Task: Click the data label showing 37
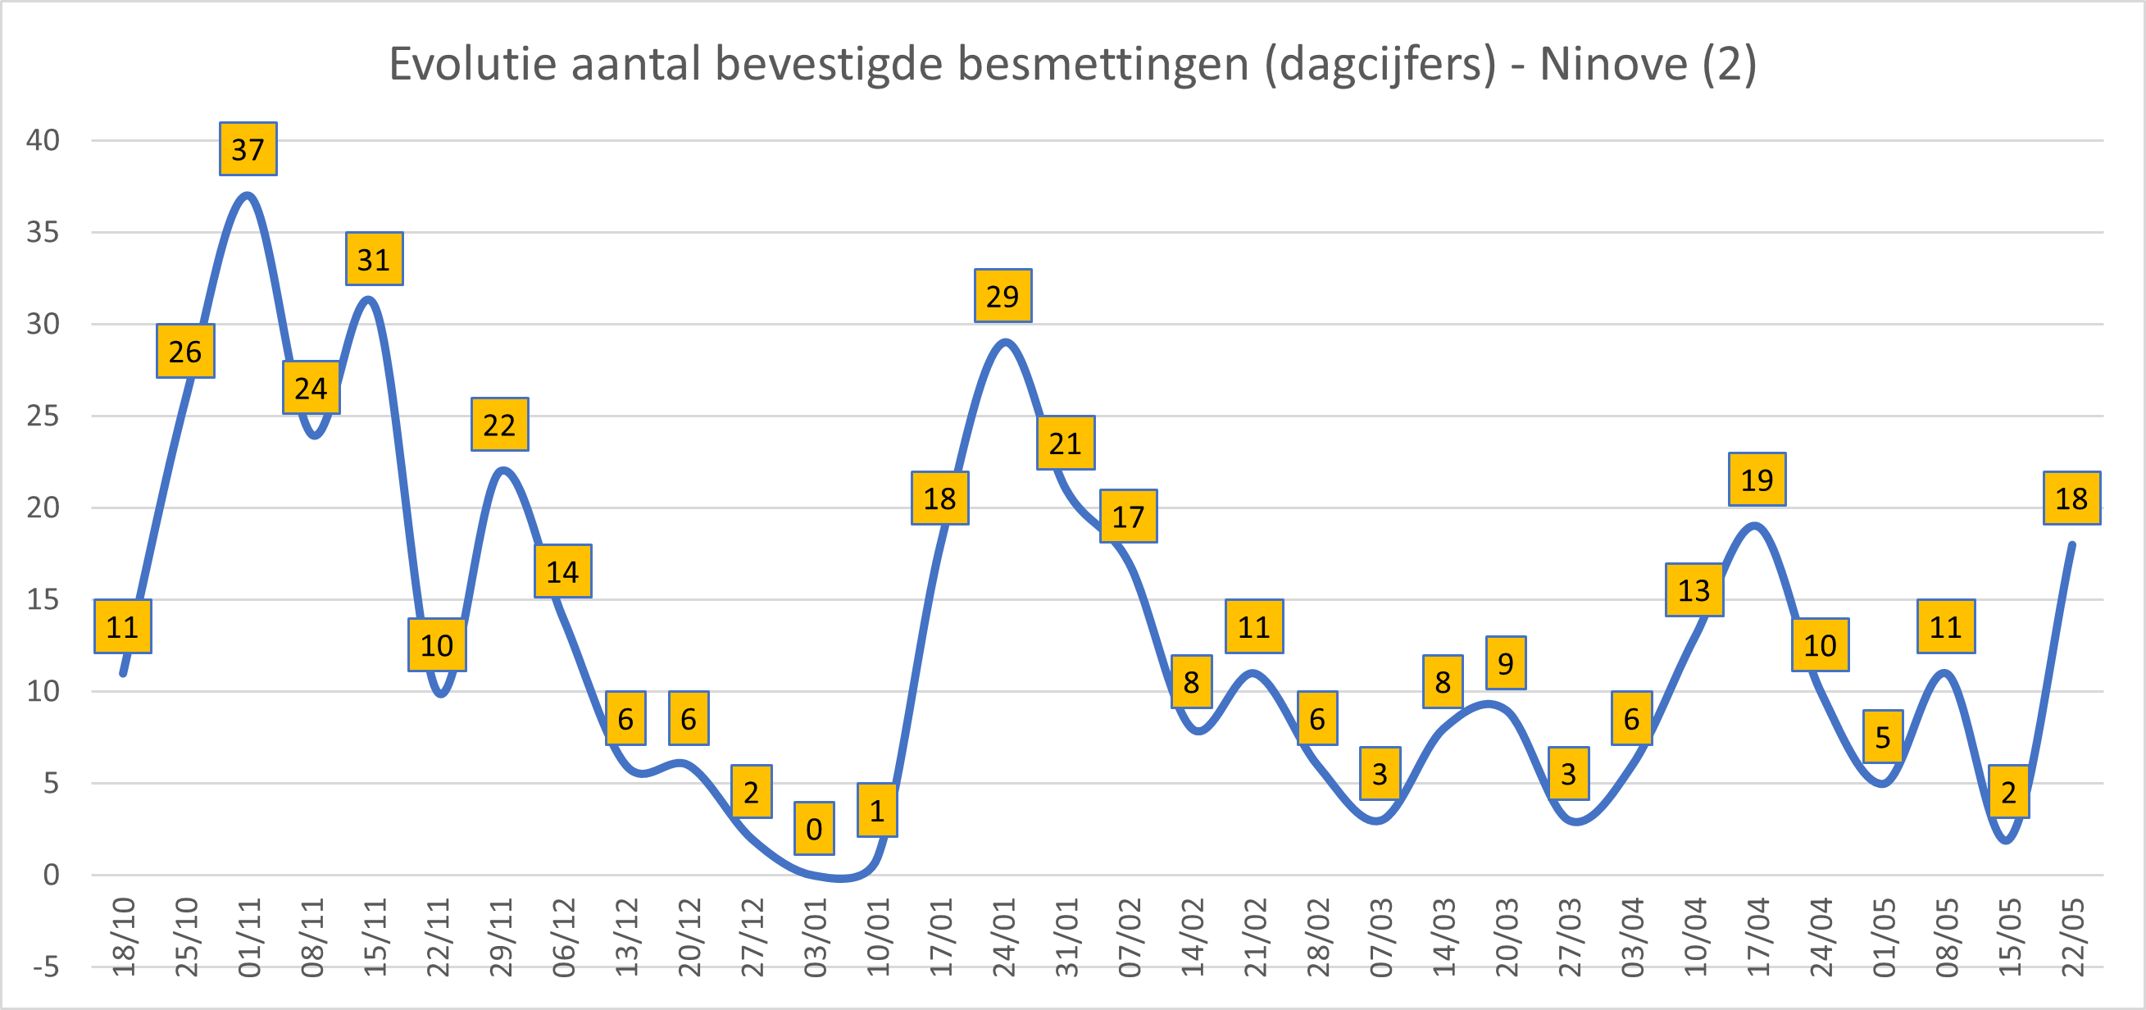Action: tap(248, 149)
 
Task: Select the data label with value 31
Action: tap(374, 259)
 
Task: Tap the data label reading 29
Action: tap(1003, 296)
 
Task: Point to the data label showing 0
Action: tap(814, 828)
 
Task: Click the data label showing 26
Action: tap(185, 351)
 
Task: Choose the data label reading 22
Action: tap(500, 424)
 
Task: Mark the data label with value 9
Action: tap(1505, 663)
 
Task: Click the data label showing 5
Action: tap(1883, 737)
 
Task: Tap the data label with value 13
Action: tap(1694, 590)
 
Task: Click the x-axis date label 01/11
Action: tap(249, 938)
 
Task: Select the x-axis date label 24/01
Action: tap(1004, 938)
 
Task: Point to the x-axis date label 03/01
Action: tap(815, 938)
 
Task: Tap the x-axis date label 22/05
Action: tap(2073, 938)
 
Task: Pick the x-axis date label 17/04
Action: tap(1757, 938)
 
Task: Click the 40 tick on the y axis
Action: tap(43, 140)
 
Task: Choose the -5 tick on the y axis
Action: tap(47, 967)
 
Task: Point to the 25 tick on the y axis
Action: tap(43, 415)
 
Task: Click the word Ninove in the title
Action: tap(1613, 63)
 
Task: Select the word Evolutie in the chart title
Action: tap(473, 63)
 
